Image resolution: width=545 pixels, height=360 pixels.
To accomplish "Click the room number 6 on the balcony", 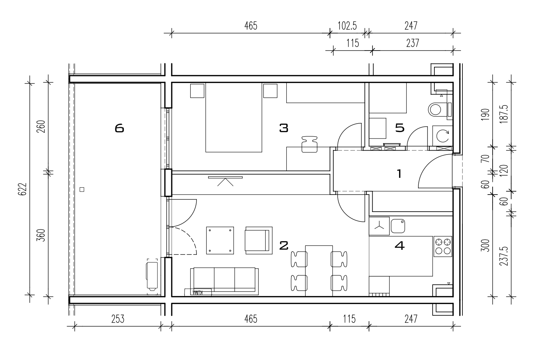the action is click(119, 128).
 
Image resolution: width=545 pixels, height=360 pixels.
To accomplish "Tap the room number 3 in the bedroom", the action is click(284, 128).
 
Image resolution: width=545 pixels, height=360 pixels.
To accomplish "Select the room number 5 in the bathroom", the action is click(400, 128).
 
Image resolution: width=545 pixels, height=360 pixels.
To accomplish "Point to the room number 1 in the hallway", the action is click(399, 174).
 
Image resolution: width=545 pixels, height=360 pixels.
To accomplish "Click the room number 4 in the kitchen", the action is click(399, 246).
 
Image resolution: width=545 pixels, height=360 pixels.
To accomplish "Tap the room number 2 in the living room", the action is click(284, 246).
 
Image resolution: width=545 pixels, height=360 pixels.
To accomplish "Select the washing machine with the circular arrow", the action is click(442, 136).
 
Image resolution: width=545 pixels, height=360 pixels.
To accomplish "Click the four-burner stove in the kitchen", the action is click(443, 246).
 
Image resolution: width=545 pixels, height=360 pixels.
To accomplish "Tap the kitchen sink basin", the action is click(398, 226).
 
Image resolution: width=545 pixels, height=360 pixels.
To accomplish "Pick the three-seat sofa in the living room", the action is click(224, 281).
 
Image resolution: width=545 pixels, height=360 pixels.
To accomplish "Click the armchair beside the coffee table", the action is click(259, 241).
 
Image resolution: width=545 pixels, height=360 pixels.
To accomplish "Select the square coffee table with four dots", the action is click(220, 241).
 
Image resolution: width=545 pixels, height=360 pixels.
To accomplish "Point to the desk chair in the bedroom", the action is click(309, 144).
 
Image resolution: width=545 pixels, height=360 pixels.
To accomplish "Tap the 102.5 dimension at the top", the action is click(347, 26).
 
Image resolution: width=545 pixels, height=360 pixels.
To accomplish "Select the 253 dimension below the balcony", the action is click(118, 319).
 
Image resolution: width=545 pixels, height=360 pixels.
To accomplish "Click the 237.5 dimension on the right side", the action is click(504, 256).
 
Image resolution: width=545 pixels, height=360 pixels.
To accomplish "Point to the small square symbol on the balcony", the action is click(82, 189).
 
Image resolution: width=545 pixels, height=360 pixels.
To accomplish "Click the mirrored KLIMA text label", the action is click(198, 292).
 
